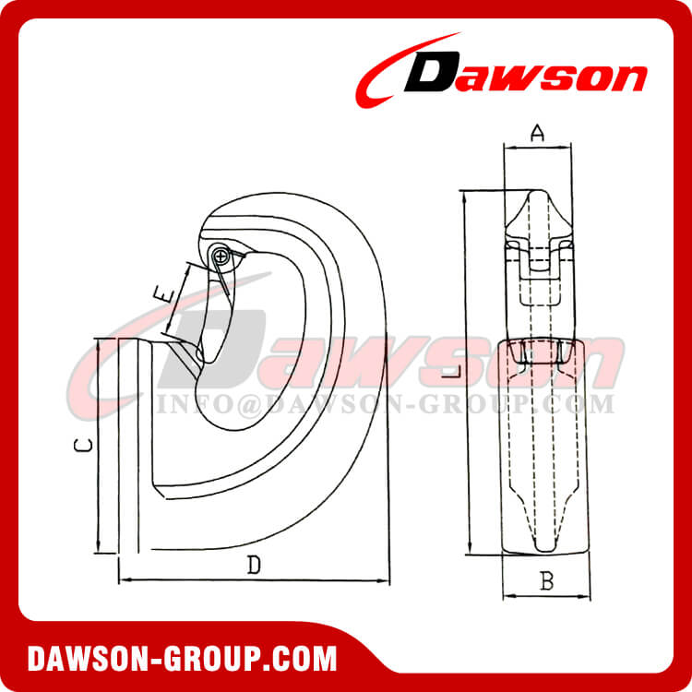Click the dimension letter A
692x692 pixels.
(539, 134)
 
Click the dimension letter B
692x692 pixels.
(546, 582)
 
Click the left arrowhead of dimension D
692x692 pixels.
(123, 580)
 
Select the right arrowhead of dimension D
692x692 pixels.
(385, 580)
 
